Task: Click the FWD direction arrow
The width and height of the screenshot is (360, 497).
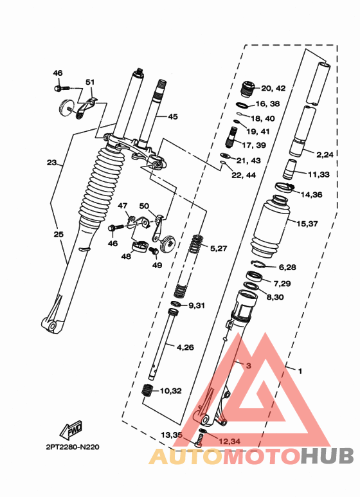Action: point(71,429)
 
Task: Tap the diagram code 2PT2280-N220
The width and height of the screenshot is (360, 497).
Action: point(73,447)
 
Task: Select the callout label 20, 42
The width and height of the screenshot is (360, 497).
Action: point(273,89)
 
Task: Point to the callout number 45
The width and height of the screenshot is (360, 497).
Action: point(173,116)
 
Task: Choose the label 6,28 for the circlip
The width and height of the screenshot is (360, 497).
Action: point(287,267)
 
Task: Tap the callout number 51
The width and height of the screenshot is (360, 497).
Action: point(90,82)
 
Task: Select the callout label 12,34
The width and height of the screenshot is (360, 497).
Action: point(229,441)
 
